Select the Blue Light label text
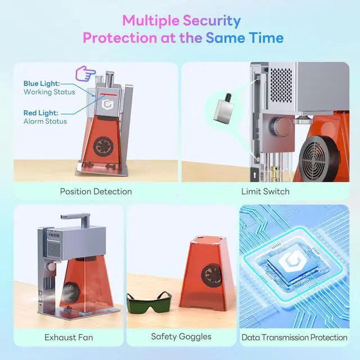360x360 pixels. (42, 83)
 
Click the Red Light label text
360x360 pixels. (40, 112)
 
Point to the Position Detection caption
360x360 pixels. (96, 191)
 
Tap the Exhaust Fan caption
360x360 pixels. (69, 337)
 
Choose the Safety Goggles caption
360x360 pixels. (181, 337)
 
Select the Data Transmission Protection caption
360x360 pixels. (294, 337)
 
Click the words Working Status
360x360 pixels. (46, 92)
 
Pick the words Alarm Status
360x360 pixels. (45, 121)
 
